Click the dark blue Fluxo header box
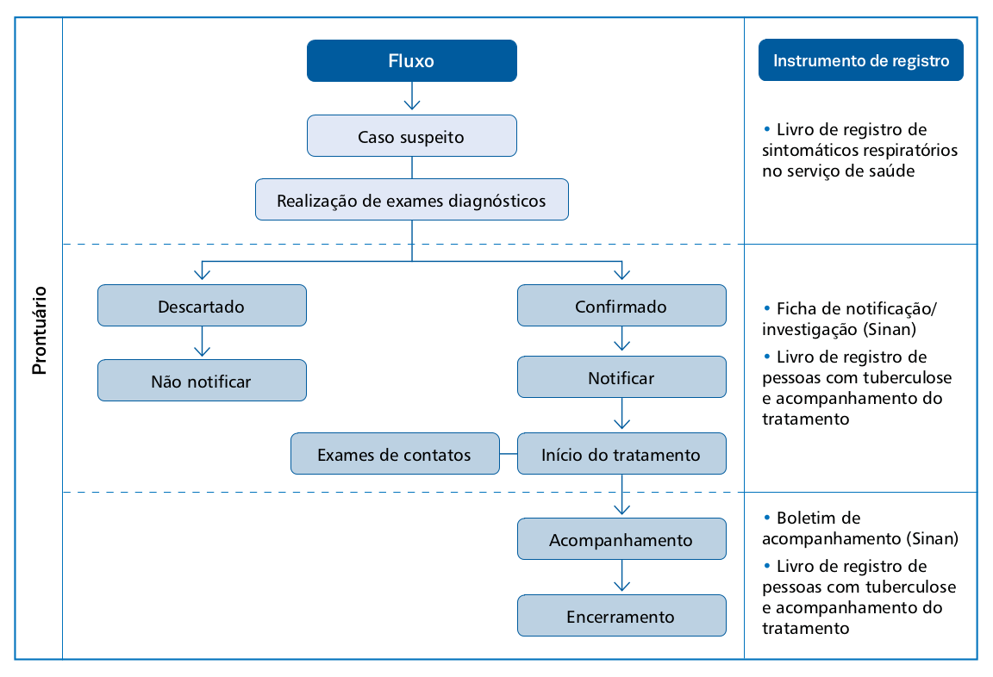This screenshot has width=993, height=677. click(x=412, y=61)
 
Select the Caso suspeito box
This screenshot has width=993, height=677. click(x=412, y=136)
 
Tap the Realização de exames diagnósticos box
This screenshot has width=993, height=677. click(x=412, y=200)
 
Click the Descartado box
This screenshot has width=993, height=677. click(x=202, y=306)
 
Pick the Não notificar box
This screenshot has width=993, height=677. click(x=202, y=380)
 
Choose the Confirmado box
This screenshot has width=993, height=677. click(x=621, y=306)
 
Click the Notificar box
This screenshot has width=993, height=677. click(x=621, y=377)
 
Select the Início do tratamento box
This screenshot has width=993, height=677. click(x=621, y=454)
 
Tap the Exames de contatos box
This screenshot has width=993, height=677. click(x=395, y=454)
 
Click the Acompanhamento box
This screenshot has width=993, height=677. click(x=621, y=539)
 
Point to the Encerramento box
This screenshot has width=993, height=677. click(x=621, y=616)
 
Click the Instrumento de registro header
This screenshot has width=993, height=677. click(x=861, y=60)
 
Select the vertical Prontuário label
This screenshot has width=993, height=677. click(x=40, y=330)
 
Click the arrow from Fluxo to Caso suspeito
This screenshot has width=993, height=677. click(x=412, y=96)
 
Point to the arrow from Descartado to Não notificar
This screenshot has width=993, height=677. click(x=202, y=341)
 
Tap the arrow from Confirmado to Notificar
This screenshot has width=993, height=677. click(x=621, y=338)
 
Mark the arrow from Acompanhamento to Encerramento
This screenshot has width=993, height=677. click(x=621, y=575)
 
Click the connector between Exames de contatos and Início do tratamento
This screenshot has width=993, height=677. click(x=509, y=454)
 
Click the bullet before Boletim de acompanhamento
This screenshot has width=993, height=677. click(x=767, y=517)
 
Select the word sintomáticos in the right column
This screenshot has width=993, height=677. click(x=807, y=151)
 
